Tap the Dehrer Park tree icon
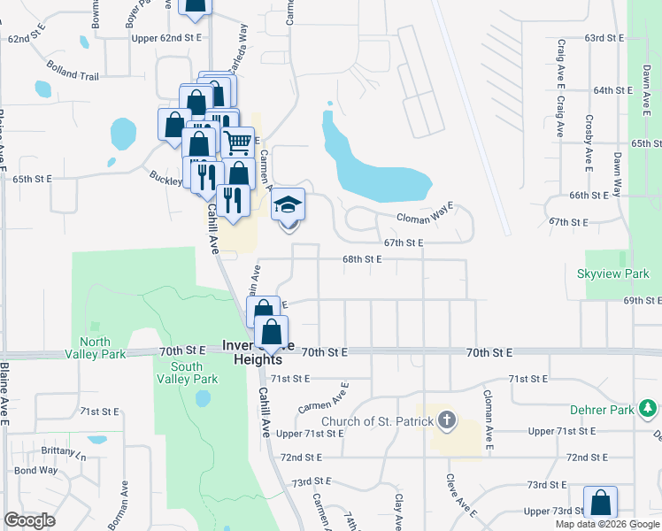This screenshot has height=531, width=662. [649, 408]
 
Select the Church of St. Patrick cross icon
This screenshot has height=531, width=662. [447, 421]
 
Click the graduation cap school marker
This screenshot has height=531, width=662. [288, 205]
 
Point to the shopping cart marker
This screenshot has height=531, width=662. [237, 142]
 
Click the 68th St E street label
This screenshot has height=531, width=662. [362, 259]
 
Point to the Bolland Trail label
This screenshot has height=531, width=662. [73, 76]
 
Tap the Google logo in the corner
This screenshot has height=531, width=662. [29, 520]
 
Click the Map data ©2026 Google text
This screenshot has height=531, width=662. [607, 524]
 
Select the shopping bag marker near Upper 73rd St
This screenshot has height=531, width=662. [601, 503]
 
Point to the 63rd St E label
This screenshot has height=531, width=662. [605, 38]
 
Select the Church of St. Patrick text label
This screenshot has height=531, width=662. [377, 421]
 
